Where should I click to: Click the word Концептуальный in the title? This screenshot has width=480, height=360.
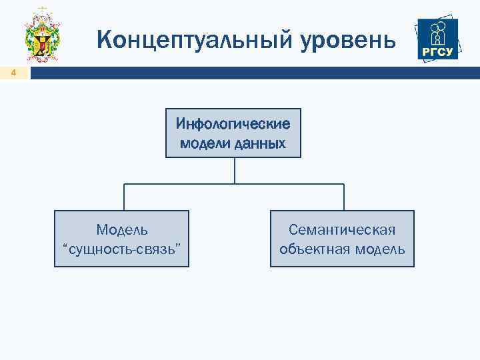193,40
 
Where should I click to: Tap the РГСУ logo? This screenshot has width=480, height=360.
438,39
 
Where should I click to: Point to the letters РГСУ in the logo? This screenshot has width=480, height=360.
438,53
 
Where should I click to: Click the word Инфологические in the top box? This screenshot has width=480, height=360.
233,124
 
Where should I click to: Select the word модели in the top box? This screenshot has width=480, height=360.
206,143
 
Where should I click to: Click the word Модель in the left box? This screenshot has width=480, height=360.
122,230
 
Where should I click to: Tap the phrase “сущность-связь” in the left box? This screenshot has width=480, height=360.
122,249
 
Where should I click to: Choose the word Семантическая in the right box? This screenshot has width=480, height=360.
342,230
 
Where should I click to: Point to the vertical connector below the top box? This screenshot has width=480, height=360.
234,170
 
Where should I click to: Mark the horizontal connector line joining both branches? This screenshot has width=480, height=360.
234,184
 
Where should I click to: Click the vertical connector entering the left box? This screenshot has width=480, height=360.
124,197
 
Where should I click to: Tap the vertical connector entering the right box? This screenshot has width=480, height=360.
344,197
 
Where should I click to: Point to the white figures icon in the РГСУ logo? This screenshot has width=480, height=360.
438,32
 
